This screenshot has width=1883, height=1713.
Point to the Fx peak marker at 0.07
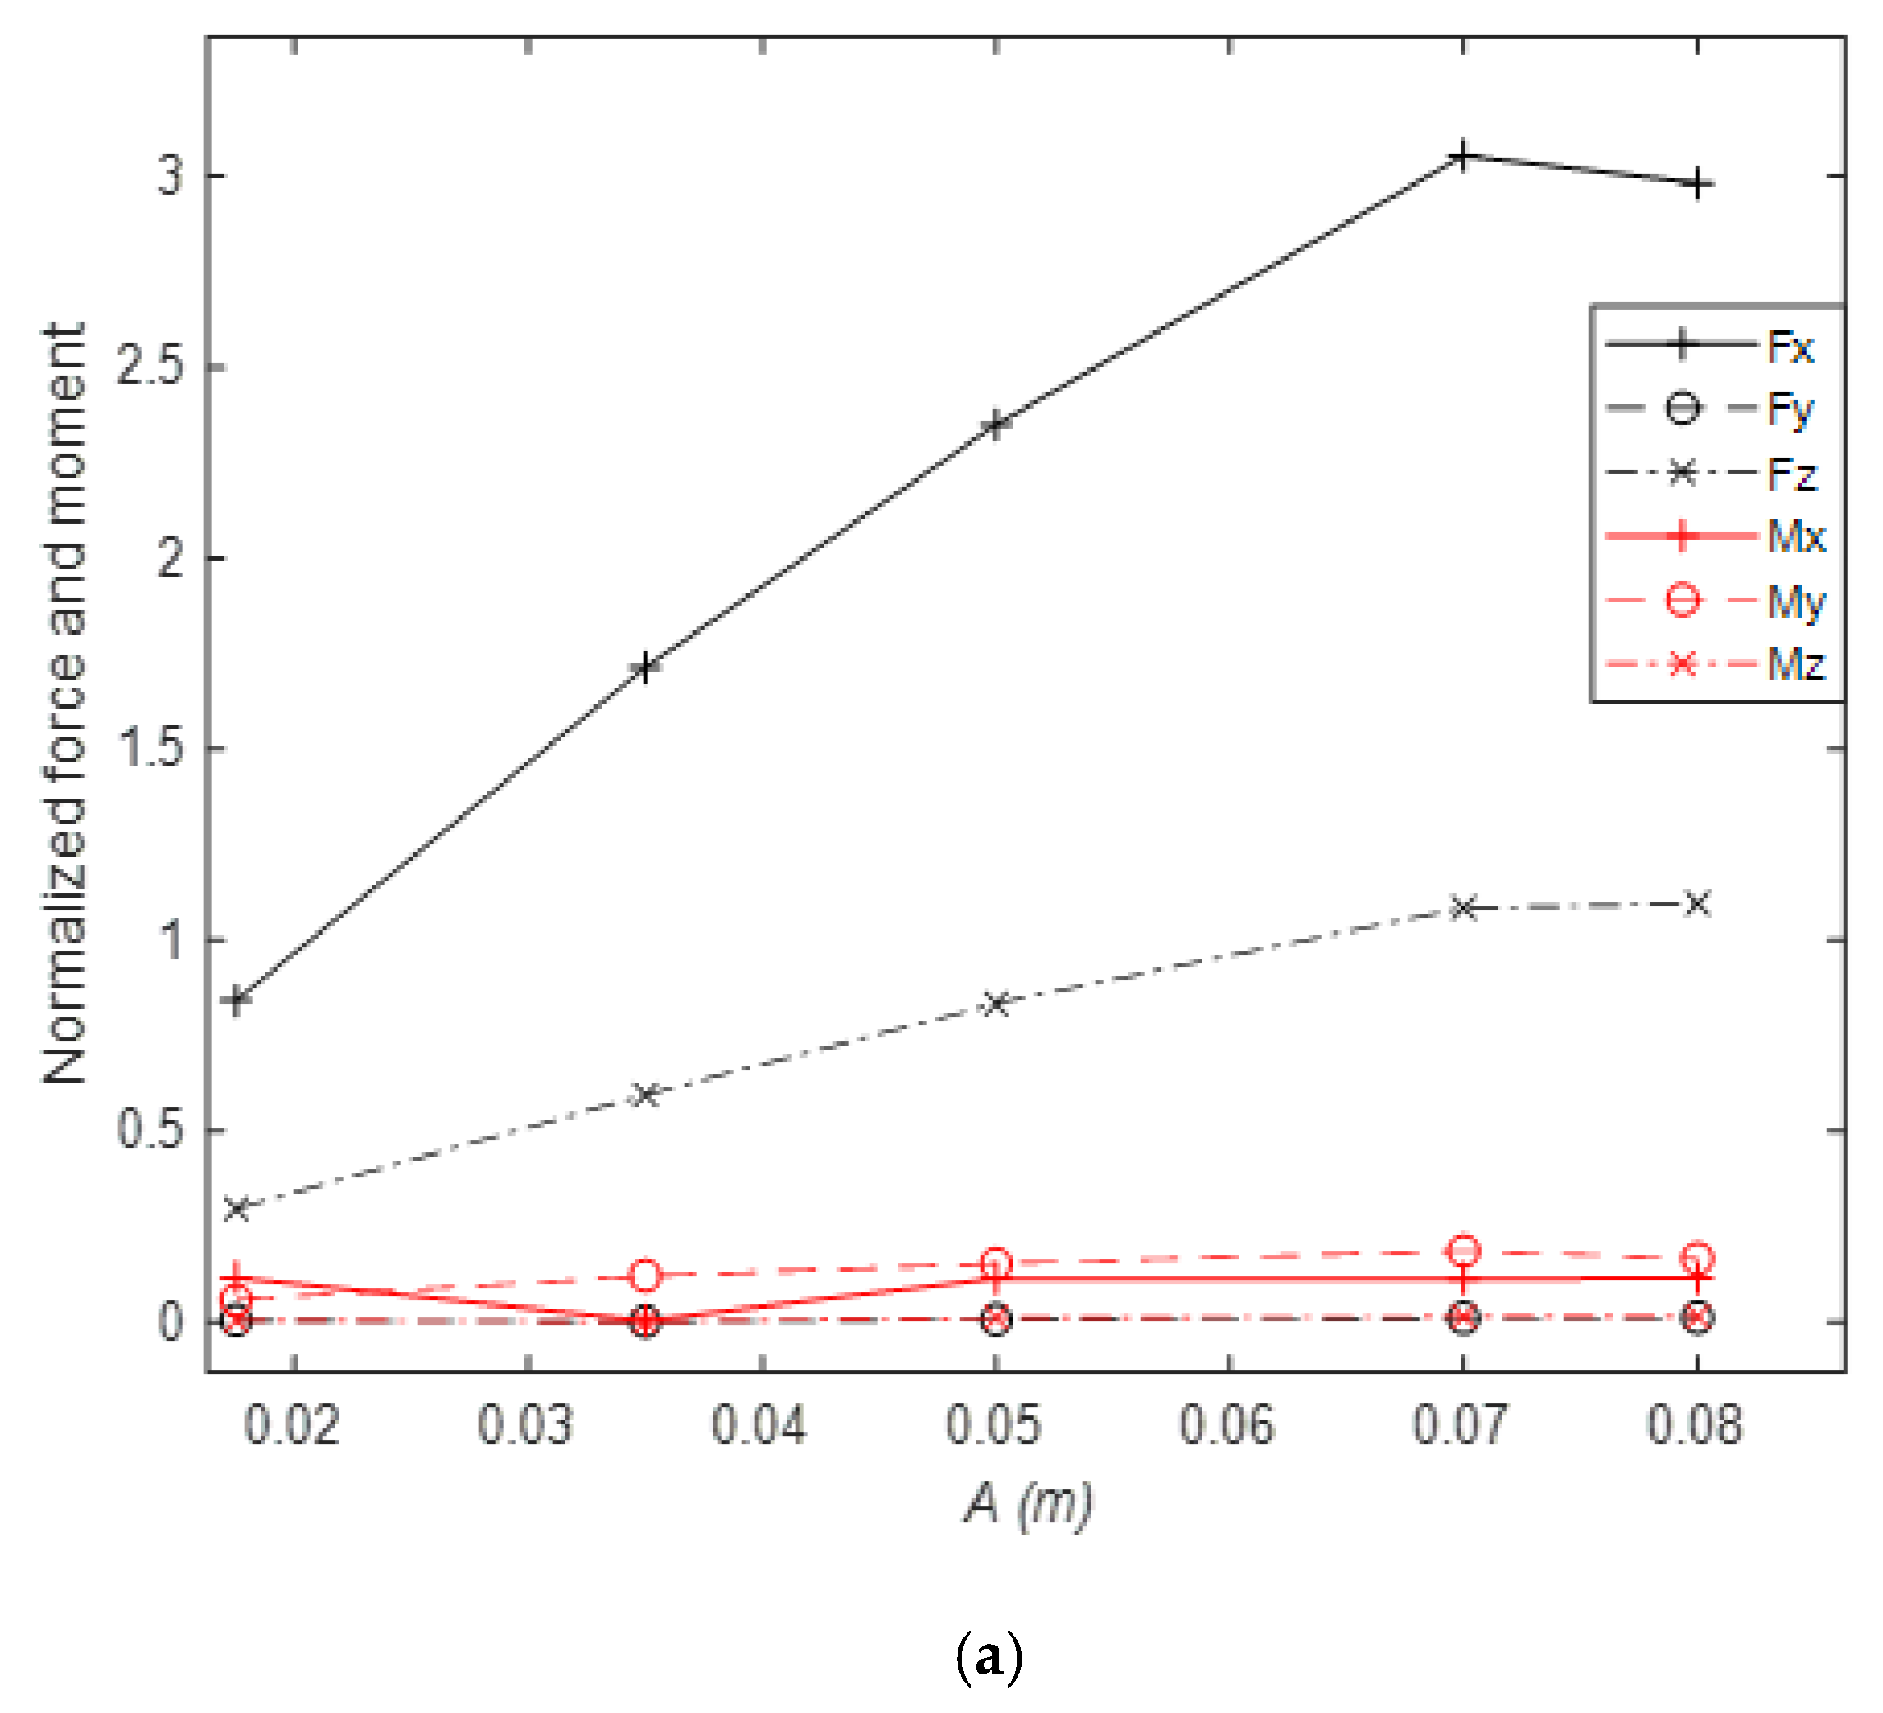[x=1463, y=156]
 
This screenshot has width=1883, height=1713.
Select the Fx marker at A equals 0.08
[x=1697, y=185]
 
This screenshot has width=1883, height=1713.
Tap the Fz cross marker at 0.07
[x=1463, y=907]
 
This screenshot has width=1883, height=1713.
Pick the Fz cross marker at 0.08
[x=1697, y=903]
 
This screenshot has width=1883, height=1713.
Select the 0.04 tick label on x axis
[x=759, y=1426]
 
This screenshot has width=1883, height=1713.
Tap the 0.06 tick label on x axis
[x=1226, y=1426]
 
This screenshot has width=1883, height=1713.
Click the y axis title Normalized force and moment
[x=66, y=704]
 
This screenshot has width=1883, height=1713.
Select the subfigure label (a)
[x=989, y=1658]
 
